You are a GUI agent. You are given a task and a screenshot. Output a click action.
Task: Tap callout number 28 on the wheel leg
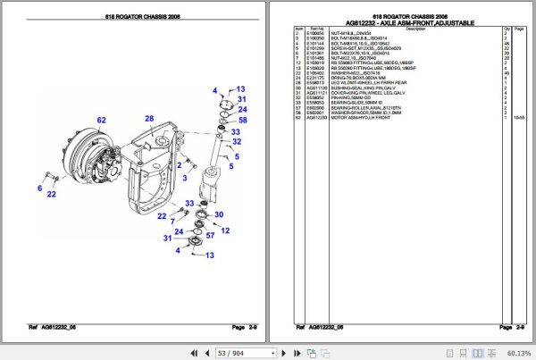(x=150, y=119)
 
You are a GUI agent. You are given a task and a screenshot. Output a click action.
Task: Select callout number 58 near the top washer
(x=242, y=119)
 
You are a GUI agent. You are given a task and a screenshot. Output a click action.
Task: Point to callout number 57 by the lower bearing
(x=211, y=236)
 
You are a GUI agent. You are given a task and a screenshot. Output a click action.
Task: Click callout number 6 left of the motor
(x=40, y=188)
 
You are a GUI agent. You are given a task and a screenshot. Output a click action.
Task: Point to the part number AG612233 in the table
(x=318, y=116)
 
